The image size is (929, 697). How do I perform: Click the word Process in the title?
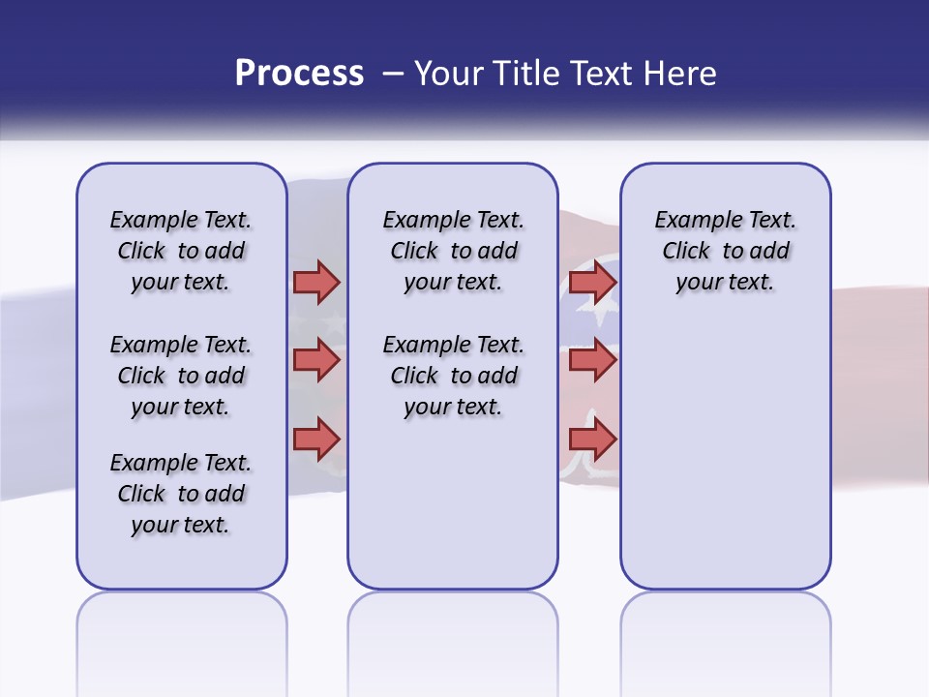tap(299, 74)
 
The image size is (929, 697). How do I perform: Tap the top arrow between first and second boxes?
tap(316, 283)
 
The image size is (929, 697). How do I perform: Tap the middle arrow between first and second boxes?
tap(316, 360)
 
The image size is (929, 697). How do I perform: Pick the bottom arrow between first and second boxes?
tap(316, 439)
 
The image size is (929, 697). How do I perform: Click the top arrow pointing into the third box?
tap(592, 283)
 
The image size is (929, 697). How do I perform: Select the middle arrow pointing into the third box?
tap(592, 360)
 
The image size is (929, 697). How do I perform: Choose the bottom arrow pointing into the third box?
tap(592, 439)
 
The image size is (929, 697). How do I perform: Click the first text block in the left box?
tap(181, 251)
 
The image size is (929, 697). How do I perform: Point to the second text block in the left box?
tap(181, 376)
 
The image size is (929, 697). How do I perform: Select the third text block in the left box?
tap(181, 494)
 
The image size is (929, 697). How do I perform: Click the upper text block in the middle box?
tap(453, 251)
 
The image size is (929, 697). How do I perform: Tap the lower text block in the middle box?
tap(453, 376)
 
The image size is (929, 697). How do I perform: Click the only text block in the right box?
tap(725, 251)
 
